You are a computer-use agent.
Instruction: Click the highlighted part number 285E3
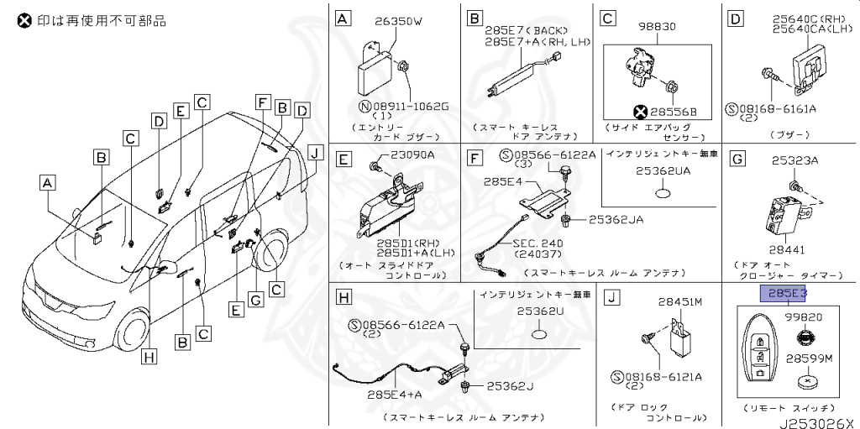(x=783, y=293)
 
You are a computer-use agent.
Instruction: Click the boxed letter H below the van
(x=149, y=356)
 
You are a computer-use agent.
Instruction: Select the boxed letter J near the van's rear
(x=313, y=152)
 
